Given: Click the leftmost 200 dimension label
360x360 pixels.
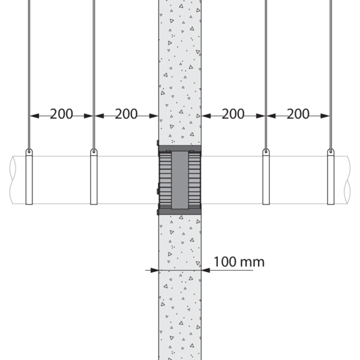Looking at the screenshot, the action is tap(61, 114).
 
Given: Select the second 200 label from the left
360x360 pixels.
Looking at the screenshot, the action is tap(126, 114).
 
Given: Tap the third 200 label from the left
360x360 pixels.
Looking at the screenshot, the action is tap(233, 114).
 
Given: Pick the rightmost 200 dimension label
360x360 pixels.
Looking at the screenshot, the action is tap(298, 114).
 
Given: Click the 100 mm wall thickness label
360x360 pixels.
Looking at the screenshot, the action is tap(239, 262).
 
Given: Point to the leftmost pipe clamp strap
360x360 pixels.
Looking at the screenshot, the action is tap(29, 177).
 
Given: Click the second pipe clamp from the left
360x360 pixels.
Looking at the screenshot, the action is tap(94, 177).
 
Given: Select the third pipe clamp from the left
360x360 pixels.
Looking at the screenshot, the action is tap(266, 177).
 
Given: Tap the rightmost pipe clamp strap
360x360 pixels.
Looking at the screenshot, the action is tap(331, 177).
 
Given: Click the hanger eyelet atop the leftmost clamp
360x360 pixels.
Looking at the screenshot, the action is tap(29, 151).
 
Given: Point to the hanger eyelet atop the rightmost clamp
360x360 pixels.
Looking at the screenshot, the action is tap(331, 151).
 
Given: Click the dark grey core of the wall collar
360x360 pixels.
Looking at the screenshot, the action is tap(180, 180).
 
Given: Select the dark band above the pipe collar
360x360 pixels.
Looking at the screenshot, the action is tap(180, 148).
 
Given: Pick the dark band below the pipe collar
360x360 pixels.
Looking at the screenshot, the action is tap(180, 212).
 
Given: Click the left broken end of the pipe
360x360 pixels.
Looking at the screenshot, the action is tap(13, 180).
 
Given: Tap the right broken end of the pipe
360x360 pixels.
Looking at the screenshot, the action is tap(347, 180).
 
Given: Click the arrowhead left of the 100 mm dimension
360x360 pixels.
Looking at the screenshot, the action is tap(155, 270).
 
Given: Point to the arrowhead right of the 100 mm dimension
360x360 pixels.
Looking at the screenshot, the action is tap(206, 270).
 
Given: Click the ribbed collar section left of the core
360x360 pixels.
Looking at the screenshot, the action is tap(165, 180).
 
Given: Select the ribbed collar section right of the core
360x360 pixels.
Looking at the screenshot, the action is tap(194, 180).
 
